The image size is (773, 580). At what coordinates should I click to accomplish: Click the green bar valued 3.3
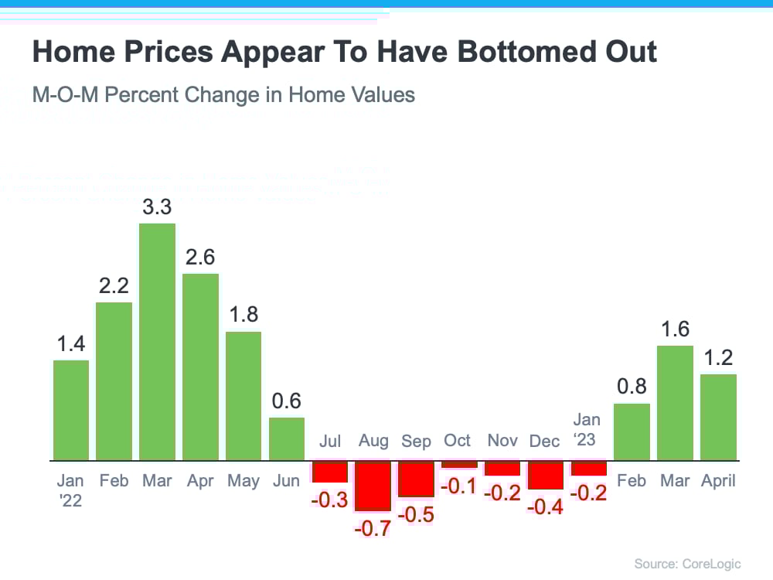click(157, 342)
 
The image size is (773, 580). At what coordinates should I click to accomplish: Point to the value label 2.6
click(200, 257)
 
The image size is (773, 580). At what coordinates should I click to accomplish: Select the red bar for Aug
click(373, 485)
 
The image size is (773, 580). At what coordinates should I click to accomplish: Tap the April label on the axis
click(718, 481)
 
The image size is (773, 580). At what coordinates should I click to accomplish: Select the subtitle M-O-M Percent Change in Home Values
click(223, 95)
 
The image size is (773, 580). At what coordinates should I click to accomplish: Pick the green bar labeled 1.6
click(675, 402)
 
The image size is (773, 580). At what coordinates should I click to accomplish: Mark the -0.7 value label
click(373, 530)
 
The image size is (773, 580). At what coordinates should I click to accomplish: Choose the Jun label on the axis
click(287, 481)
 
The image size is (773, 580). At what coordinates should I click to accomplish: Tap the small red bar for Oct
click(459, 464)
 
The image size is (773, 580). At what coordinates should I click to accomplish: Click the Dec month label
click(545, 441)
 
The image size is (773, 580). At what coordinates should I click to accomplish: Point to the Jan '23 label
click(587, 430)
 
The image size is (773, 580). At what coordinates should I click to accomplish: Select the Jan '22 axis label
click(70, 490)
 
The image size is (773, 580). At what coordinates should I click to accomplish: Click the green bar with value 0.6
click(287, 438)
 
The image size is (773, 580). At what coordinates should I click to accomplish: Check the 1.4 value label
click(71, 344)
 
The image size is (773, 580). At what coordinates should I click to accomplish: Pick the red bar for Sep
click(417, 479)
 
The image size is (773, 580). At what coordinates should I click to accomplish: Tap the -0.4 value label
click(546, 508)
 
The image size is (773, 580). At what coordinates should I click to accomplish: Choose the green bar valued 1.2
click(718, 417)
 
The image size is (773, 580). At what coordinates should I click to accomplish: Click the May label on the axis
click(243, 481)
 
